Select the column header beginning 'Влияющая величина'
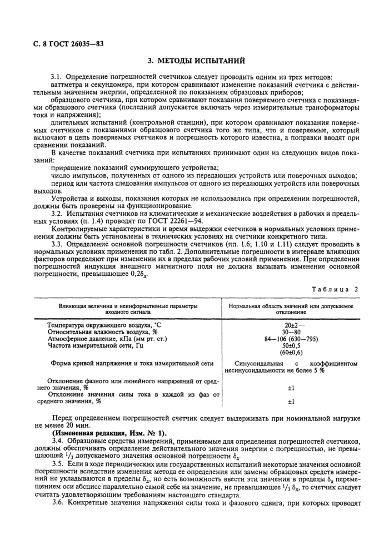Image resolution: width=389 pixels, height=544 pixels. [128, 309]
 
